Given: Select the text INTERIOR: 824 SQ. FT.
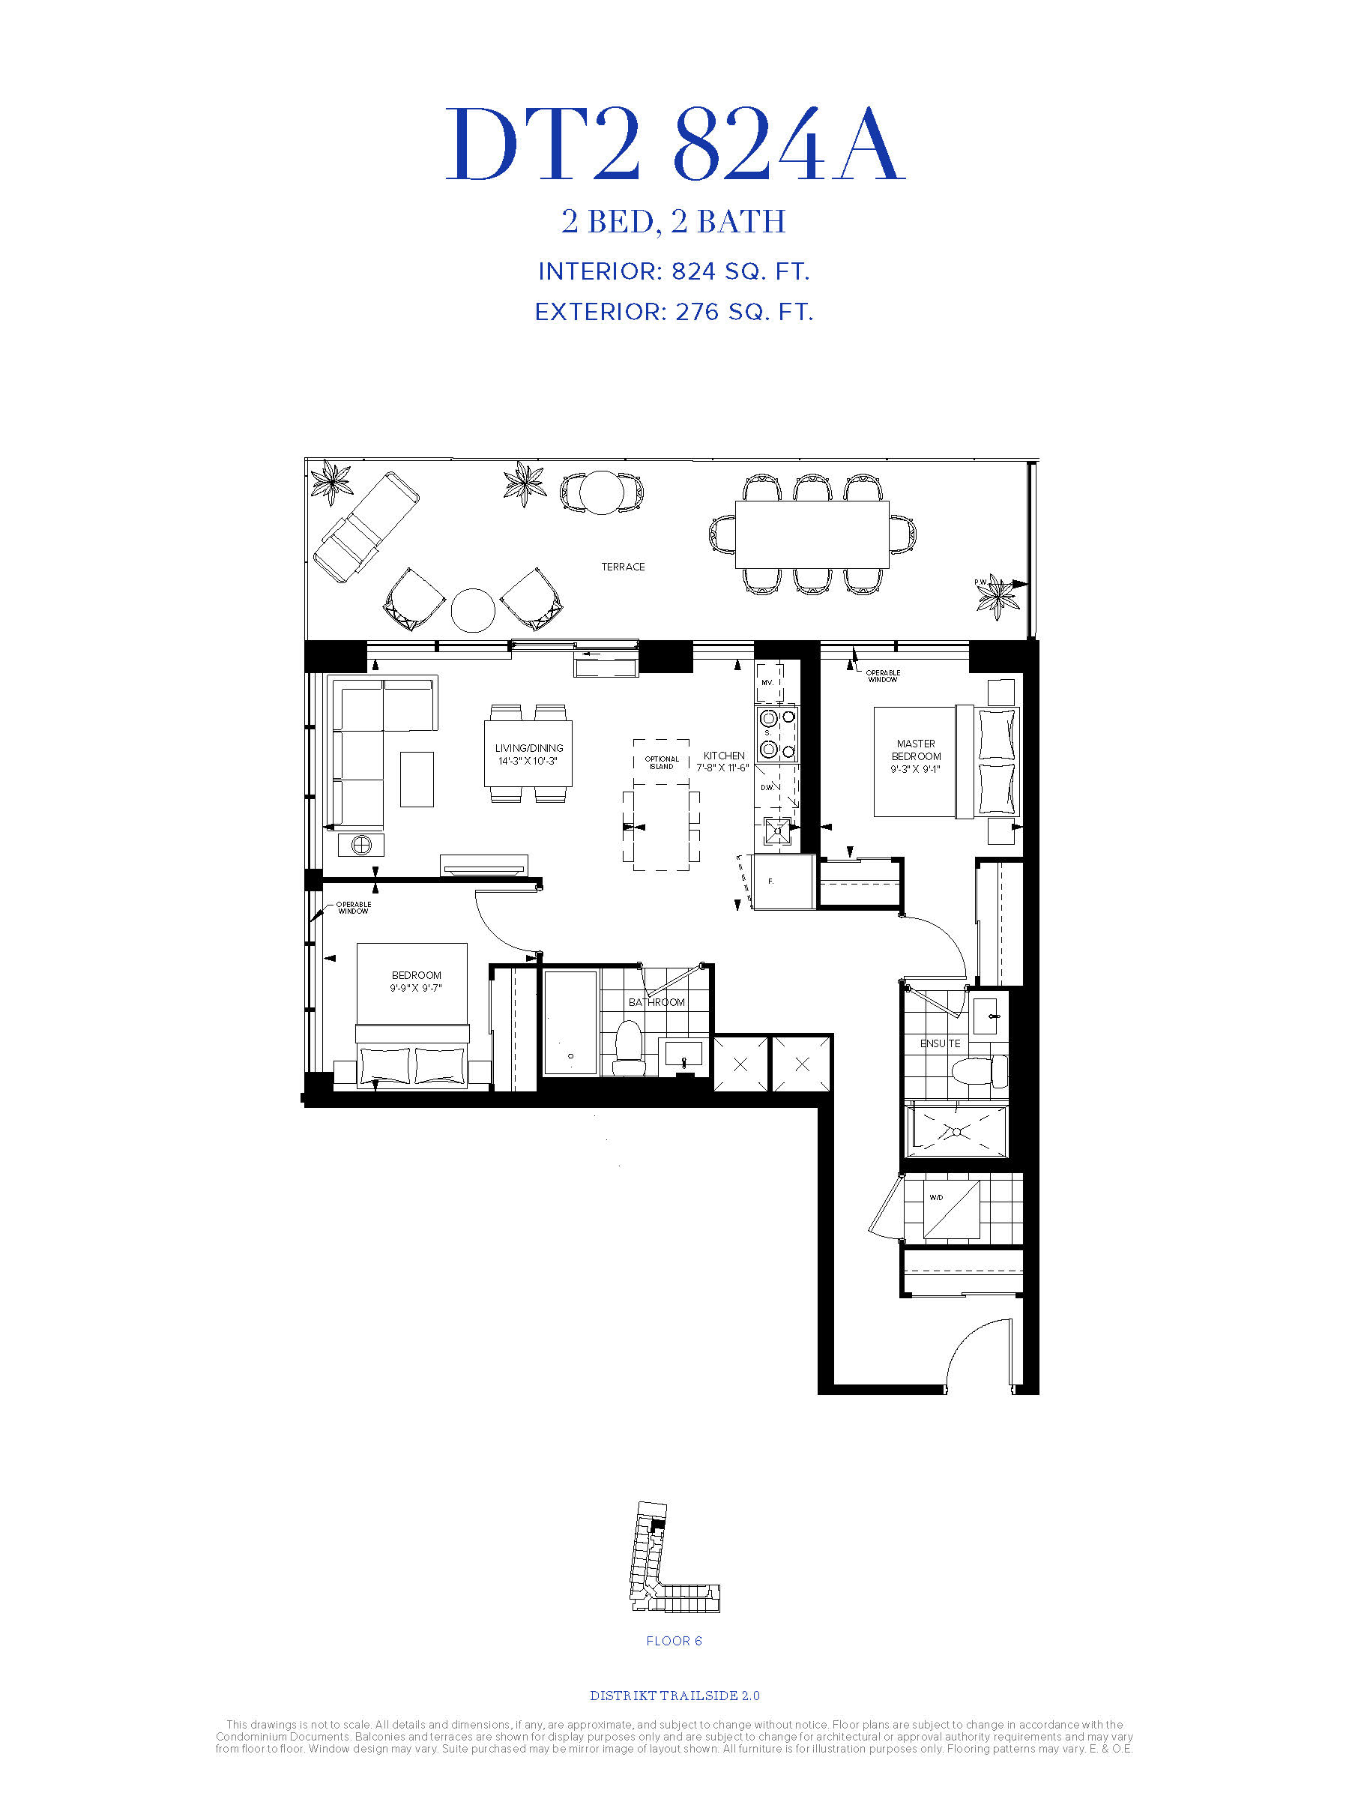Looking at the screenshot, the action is coord(674,271).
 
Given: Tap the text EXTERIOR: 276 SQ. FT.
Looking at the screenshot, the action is coord(674,313).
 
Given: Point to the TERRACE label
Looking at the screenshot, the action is coord(623,567).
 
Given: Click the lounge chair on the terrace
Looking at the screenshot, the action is coord(366,526).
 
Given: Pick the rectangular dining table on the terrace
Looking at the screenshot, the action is coord(812,534).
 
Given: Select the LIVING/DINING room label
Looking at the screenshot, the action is coord(528,748).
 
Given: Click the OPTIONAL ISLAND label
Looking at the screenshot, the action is coord(661,763).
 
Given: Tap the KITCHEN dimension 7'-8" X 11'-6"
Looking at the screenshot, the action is coord(722,768).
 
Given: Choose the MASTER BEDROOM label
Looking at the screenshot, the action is coord(916,750).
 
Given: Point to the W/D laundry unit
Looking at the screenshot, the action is coord(951,1209).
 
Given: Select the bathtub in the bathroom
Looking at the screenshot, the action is coord(571,1023).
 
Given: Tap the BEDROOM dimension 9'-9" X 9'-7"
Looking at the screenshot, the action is coord(415,988).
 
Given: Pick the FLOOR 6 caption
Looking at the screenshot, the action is coord(674,1640).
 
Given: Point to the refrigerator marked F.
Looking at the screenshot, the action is coord(784,882).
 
